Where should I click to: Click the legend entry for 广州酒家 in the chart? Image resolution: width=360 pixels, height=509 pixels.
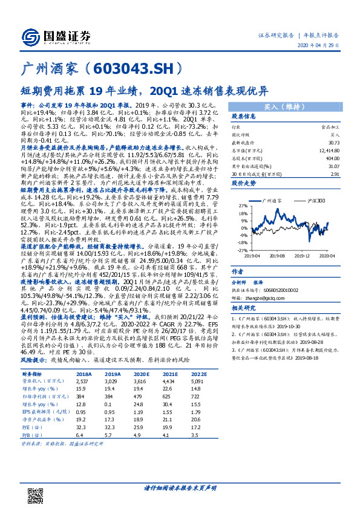point(273,199)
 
